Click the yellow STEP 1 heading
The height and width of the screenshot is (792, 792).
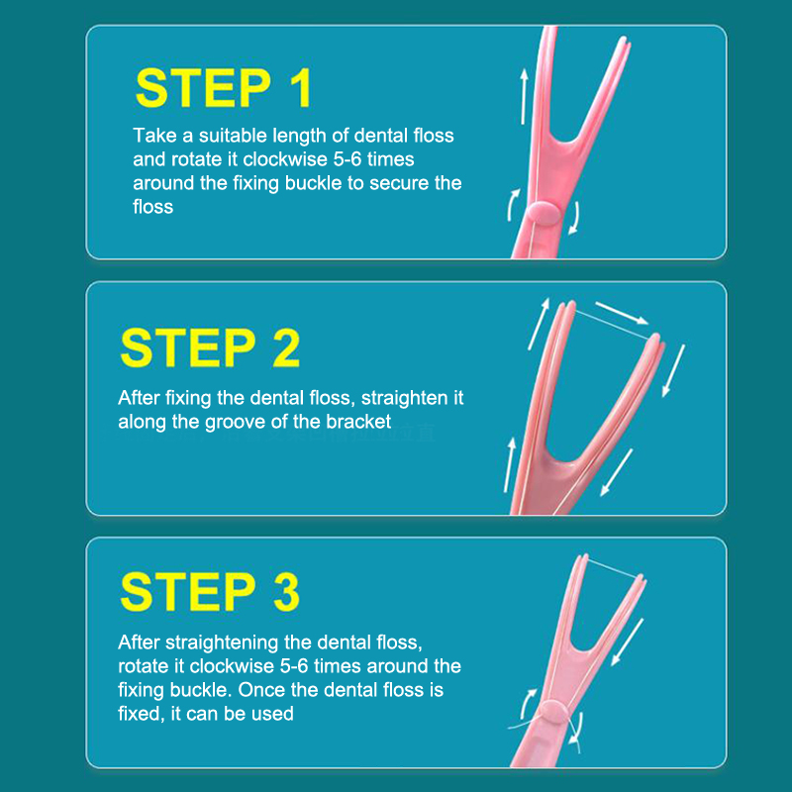coord(224,88)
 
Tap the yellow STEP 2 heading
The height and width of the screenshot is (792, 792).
coord(210,347)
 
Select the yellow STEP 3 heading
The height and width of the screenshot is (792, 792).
coord(210,591)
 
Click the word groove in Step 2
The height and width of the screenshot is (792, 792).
coord(235,423)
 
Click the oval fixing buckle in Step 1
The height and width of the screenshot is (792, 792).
coord(544,212)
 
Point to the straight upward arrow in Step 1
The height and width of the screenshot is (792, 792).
coord(524,96)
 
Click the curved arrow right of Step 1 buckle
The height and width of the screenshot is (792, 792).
coord(574,218)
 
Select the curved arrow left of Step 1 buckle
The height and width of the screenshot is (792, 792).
coord(513,205)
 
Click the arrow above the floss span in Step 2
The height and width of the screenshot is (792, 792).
coord(622,313)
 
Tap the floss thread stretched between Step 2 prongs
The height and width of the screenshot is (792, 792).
coord(612,325)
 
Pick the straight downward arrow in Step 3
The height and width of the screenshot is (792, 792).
coord(628,642)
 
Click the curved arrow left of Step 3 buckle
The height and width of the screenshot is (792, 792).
coord(528,704)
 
